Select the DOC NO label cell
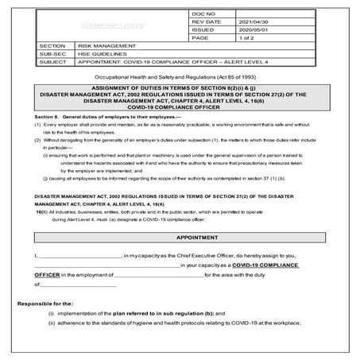pyautogui.click(x=182, y=14)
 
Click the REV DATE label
pyautogui.click(x=184, y=21)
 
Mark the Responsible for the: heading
pyautogui.click(x=46, y=304)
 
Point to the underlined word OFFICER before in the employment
pyautogui.click(x=48, y=274)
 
